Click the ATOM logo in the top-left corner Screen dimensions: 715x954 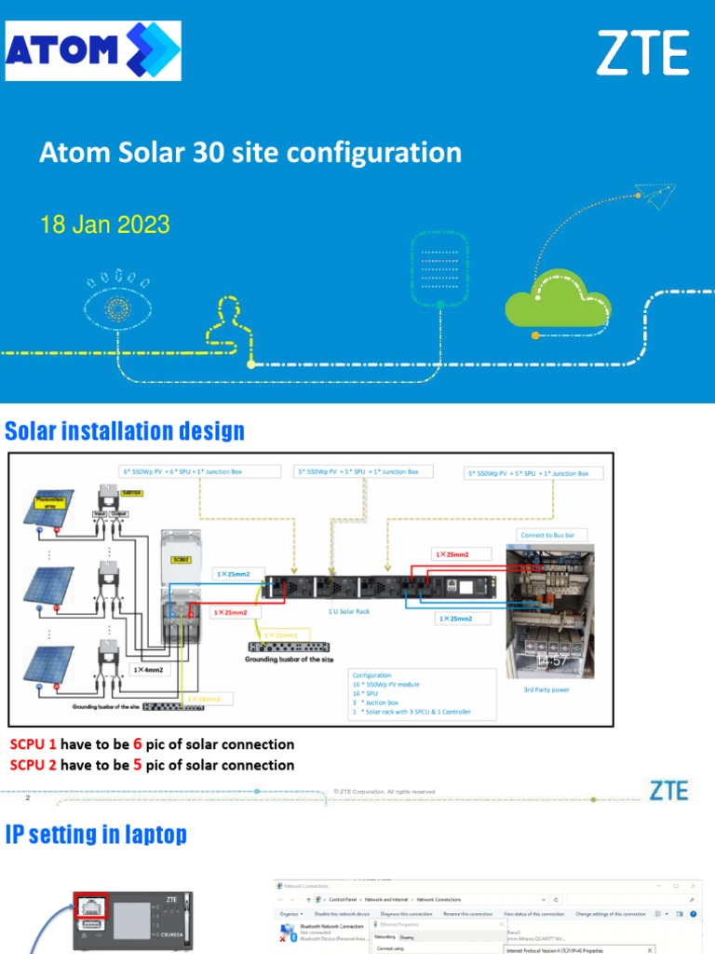point(93,51)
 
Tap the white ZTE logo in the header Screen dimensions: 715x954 point(642,53)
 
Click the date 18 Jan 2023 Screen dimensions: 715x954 point(104,225)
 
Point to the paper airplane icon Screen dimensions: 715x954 point(653,192)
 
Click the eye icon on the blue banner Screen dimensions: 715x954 point(117,307)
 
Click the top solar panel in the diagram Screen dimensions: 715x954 point(56,512)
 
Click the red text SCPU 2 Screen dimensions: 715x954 point(34,765)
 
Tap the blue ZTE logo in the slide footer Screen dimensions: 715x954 point(668,792)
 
